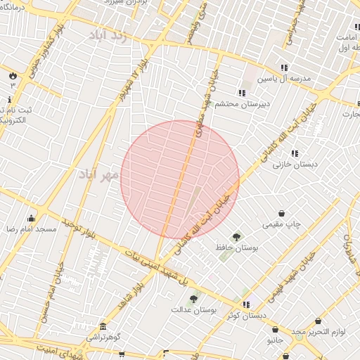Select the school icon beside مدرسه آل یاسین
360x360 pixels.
284,68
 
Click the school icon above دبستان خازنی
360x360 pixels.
295,153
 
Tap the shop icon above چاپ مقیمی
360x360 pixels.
282,213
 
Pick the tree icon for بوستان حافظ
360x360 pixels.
236,237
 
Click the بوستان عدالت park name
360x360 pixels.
193,309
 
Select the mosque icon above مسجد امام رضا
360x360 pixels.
31,218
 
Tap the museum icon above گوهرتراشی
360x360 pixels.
103,327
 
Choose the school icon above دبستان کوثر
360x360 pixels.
246,304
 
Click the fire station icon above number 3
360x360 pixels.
12,75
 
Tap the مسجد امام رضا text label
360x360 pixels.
32,229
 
